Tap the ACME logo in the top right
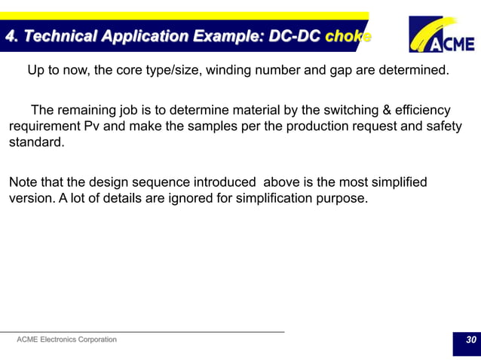(x=442, y=35)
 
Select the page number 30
(x=470, y=340)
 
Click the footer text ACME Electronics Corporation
(x=66, y=340)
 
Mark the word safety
(x=443, y=126)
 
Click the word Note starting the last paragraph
(x=23, y=182)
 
